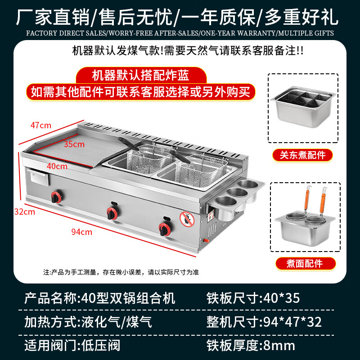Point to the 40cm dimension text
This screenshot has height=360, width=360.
[x=57, y=166]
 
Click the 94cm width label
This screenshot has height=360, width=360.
[x=82, y=232]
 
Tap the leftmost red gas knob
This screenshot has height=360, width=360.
[x=56, y=197]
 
